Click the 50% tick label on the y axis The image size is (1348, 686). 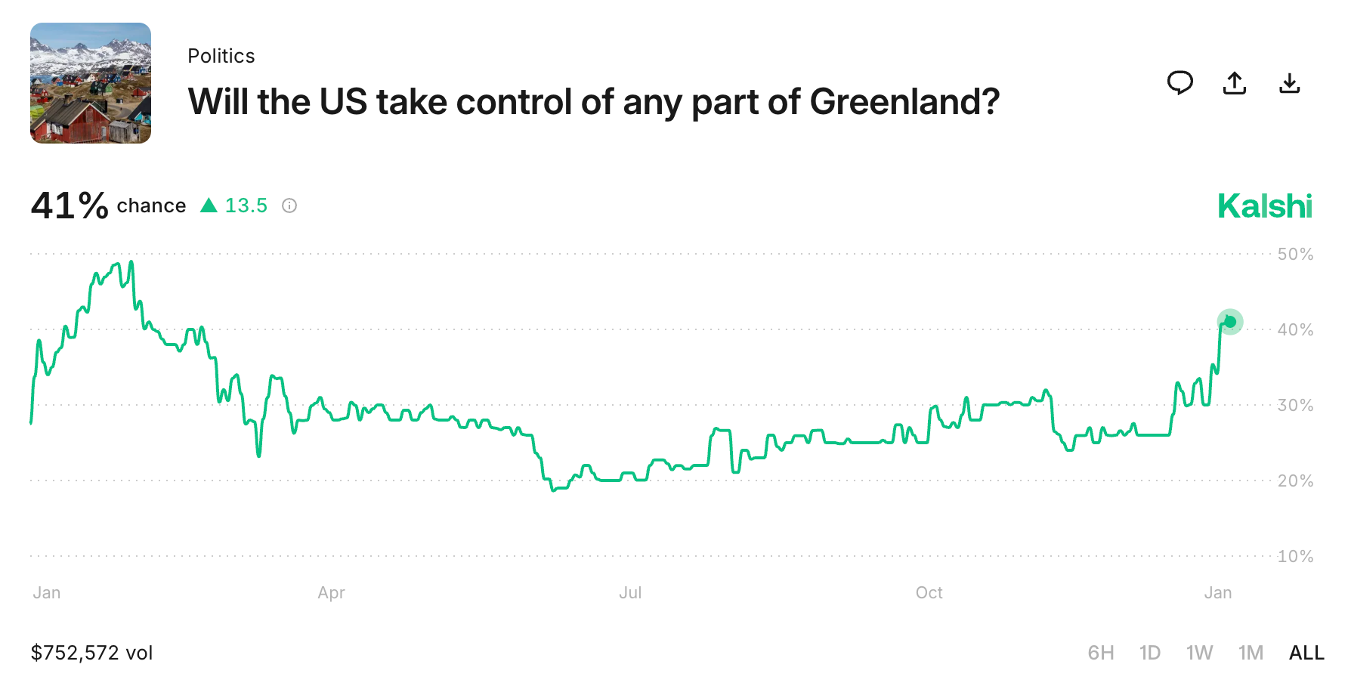[x=1295, y=255]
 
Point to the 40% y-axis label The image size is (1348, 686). [x=1295, y=330]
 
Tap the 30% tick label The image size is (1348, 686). [x=1295, y=406]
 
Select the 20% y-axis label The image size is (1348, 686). [x=1295, y=481]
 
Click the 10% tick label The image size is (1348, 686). [x=1295, y=557]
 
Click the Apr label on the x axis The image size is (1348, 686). [x=331, y=593]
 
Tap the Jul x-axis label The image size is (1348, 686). [x=630, y=593]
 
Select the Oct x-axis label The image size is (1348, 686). [x=929, y=593]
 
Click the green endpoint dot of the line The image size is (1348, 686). [x=1230, y=322]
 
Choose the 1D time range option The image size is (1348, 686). [x=1149, y=653]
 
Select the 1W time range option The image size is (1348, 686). [x=1199, y=653]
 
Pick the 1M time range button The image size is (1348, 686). [x=1251, y=653]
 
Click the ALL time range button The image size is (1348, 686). [x=1306, y=653]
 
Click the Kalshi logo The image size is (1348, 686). [x=1265, y=206]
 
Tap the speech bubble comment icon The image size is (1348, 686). [x=1179, y=82]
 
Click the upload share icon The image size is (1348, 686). [x=1235, y=82]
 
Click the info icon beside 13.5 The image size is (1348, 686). [x=289, y=205]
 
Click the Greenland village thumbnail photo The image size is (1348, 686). [x=91, y=83]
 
